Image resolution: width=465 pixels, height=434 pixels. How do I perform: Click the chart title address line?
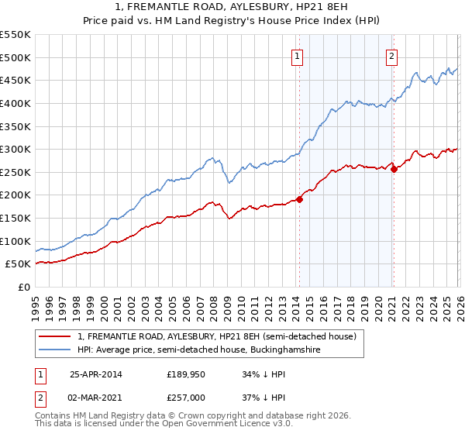click(232, 7)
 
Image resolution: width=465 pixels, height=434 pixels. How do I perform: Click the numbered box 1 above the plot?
click(298, 56)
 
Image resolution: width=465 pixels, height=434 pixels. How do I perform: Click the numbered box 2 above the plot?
click(392, 56)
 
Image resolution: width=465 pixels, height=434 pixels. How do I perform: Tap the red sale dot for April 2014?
click(299, 199)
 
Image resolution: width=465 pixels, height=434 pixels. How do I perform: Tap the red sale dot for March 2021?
click(394, 168)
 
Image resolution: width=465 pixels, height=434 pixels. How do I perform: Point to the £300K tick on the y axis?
click(16, 149)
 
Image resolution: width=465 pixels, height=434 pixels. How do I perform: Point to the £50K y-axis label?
click(19, 264)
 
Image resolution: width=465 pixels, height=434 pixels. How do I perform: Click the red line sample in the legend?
click(56, 337)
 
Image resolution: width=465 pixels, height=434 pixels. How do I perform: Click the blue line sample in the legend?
click(56, 350)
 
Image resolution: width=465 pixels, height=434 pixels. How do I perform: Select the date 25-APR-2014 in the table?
click(96, 374)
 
